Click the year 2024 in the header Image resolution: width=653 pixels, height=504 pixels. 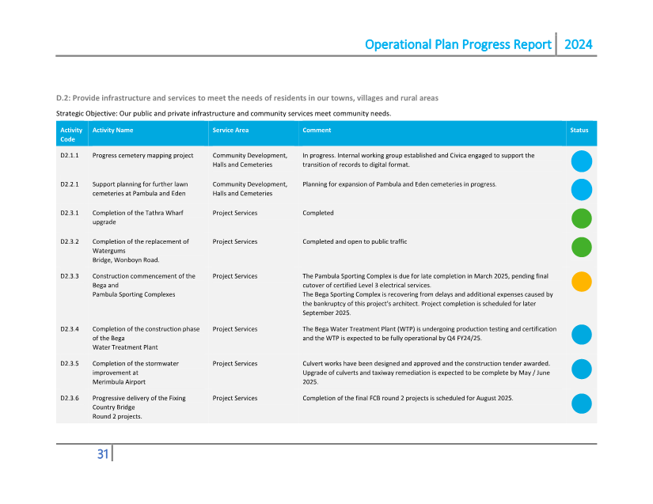[578, 44]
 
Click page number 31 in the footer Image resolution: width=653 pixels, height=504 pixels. [103, 454]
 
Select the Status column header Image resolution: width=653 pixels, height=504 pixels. [579, 131]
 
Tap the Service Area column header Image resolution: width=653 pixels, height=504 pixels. [230, 131]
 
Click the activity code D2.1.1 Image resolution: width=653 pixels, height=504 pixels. [70, 156]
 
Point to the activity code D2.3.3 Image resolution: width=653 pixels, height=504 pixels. [70, 276]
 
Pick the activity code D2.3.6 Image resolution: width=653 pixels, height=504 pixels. [70, 398]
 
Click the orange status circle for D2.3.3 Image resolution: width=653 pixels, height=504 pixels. [582, 281]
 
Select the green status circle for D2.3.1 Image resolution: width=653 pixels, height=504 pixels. [582, 218]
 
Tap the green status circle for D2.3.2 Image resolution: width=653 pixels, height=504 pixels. [582, 247]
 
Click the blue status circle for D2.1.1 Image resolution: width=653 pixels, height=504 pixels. [582, 161]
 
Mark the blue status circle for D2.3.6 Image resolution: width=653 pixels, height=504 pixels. [582, 404]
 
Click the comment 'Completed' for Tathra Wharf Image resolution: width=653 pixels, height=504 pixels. [318, 213]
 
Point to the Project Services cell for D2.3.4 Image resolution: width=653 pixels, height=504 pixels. [234, 329]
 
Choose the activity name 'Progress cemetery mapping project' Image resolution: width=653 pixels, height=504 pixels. [142, 156]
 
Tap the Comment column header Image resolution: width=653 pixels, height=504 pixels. [317, 131]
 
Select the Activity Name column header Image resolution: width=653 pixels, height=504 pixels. [112, 131]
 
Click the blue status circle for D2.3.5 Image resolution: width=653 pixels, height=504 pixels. [582, 369]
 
